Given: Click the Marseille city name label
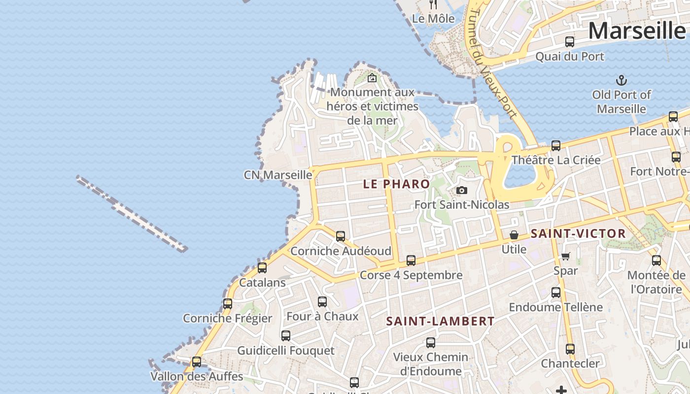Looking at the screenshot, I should pyautogui.click(x=637, y=31).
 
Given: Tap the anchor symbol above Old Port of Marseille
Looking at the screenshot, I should pyautogui.click(x=621, y=80).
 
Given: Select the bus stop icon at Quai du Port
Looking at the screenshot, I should pyautogui.click(x=570, y=42).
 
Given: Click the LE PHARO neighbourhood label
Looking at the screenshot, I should pyautogui.click(x=396, y=184).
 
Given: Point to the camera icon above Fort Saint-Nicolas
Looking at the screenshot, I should pyautogui.click(x=461, y=190).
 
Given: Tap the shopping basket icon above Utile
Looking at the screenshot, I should pyautogui.click(x=514, y=234).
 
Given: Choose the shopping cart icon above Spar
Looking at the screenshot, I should pyautogui.click(x=565, y=256).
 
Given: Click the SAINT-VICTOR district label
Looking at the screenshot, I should pyautogui.click(x=578, y=233).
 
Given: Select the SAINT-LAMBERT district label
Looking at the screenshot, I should pyautogui.click(x=440, y=321).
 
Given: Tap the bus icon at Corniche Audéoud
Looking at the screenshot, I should pyautogui.click(x=341, y=236).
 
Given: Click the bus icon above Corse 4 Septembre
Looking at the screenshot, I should pyautogui.click(x=411, y=260).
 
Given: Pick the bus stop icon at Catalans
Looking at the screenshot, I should pyautogui.click(x=262, y=268).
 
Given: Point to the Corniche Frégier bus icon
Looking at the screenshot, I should pyautogui.click(x=227, y=303).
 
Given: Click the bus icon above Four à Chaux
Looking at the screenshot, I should pyautogui.click(x=322, y=301).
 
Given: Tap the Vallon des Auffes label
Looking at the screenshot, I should pyautogui.click(x=197, y=376).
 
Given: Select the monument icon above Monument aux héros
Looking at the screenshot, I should pyautogui.click(x=372, y=78).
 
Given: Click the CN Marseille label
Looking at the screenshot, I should pyautogui.click(x=278, y=175).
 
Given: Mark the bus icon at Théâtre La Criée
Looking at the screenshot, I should pyautogui.click(x=556, y=145).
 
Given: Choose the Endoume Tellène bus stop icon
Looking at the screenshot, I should pyautogui.click(x=556, y=293).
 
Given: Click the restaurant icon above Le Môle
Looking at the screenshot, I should pyautogui.click(x=433, y=4).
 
